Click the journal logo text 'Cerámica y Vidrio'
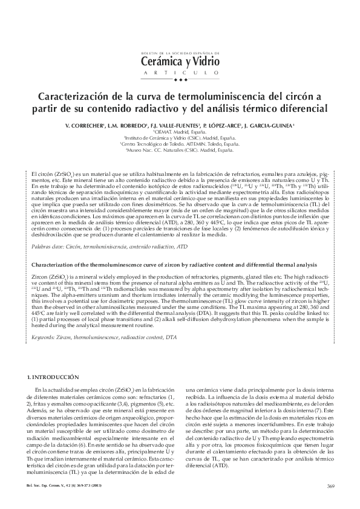click(180, 60)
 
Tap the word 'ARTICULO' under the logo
click(180, 73)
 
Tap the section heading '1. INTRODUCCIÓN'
click(53, 377)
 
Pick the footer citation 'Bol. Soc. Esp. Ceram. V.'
click(48, 486)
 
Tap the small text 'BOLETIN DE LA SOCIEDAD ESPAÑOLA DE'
click(180, 53)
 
